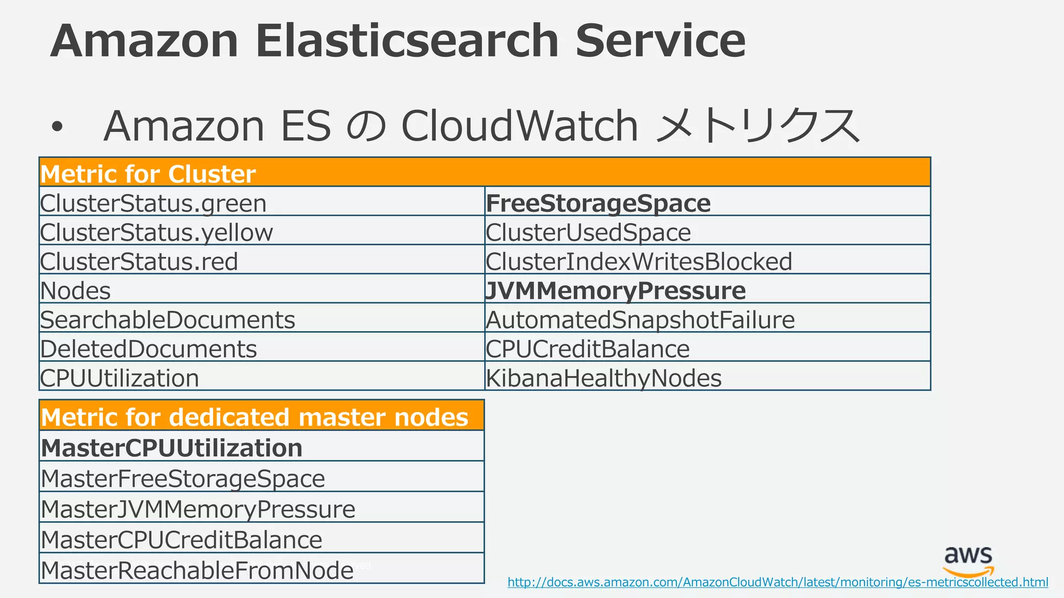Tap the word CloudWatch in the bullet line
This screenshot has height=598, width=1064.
(519, 126)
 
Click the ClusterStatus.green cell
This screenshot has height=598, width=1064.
(153, 203)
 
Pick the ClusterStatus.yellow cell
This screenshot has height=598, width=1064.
(156, 232)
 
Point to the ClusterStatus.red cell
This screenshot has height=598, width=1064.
(139, 261)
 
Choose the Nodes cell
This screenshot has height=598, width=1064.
(76, 290)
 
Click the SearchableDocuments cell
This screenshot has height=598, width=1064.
(168, 319)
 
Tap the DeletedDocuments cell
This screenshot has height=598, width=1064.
(149, 348)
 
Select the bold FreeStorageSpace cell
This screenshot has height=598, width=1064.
(598, 203)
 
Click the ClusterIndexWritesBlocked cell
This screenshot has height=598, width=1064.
(639, 261)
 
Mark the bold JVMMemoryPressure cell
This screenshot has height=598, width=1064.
(616, 290)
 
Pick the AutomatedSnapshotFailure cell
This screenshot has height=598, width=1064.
(640, 319)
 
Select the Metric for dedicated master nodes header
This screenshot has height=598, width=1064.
(255, 417)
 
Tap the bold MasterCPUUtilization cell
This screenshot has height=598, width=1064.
(172, 447)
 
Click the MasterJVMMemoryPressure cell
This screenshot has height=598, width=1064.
(198, 509)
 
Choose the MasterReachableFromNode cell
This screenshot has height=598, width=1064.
(197, 570)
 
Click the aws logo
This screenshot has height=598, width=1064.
(968, 561)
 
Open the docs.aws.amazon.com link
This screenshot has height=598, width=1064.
(777, 582)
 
